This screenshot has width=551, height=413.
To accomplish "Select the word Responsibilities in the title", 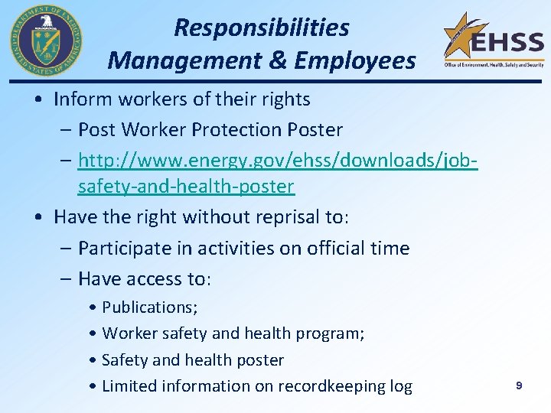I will pos(261,28).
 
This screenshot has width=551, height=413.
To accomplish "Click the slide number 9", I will pos(518,386).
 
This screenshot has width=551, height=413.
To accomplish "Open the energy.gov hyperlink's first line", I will pos(278,161).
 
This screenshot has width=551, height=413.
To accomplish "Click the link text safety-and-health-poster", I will pos(186,186).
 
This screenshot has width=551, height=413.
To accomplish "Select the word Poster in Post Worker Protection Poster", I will pos(315,130).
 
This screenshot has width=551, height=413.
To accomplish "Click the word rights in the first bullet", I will pos(284,99).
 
